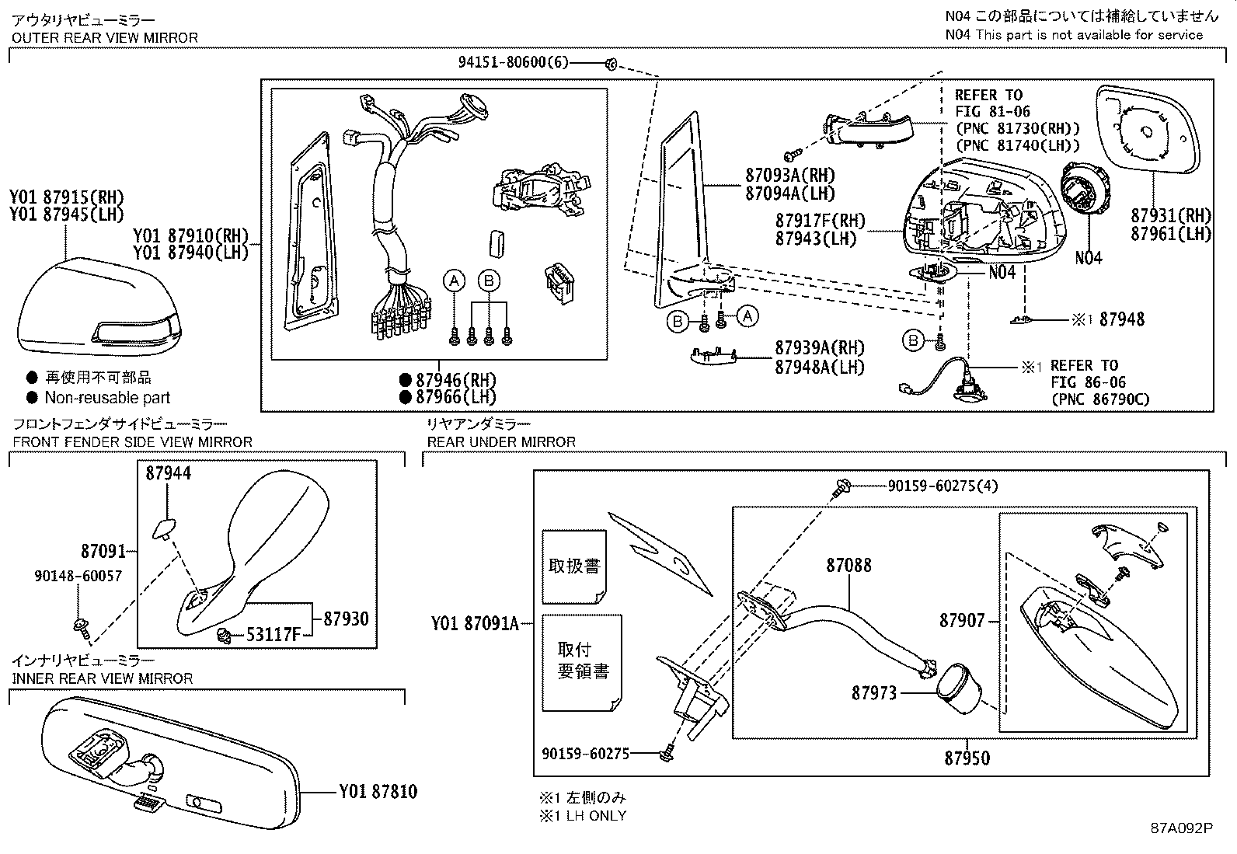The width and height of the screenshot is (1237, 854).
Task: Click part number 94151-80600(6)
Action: (x=514, y=64)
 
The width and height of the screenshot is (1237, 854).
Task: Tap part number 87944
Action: (x=168, y=472)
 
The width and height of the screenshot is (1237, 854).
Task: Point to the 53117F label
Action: (x=273, y=635)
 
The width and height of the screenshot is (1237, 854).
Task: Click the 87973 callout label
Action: (x=873, y=692)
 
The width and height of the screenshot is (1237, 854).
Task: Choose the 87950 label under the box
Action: (x=967, y=758)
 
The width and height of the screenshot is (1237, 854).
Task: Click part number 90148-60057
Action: (x=78, y=576)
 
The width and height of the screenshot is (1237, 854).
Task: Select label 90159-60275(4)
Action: (x=943, y=486)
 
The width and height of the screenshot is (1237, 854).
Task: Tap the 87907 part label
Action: (x=961, y=620)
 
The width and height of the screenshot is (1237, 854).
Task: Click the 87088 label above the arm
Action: (x=848, y=566)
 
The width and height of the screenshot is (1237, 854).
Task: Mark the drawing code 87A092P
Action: (x=1181, y=828)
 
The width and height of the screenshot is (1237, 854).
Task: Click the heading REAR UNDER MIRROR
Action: (x=501, y=441)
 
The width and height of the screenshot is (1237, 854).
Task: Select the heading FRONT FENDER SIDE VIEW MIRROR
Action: (x=132, y=441)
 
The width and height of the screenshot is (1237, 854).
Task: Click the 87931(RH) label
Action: (x=1171, y=215)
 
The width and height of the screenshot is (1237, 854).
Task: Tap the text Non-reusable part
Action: (x=107, y=397)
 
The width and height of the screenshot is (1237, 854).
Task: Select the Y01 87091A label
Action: (x=475, y=622)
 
